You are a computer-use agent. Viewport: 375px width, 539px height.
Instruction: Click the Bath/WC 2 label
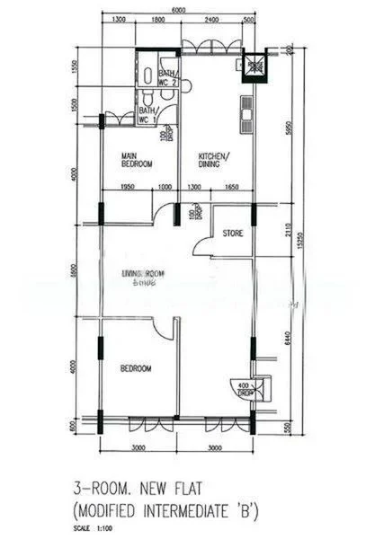[167, 78]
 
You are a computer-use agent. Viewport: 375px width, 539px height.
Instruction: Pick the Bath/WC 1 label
[147, 116]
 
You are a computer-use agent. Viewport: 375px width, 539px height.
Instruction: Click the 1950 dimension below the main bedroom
[126, 187]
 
